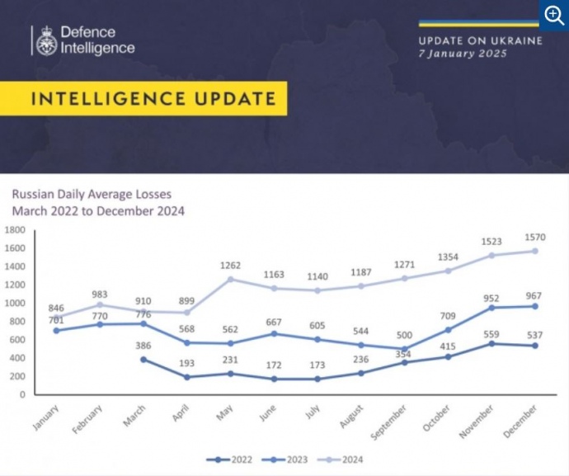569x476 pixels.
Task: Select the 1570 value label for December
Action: tap(534, 236)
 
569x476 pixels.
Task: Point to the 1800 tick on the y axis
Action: tap(16, 230)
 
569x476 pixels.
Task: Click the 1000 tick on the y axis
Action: tap(16, 303)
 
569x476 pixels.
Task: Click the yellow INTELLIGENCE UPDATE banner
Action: tap(153, 99)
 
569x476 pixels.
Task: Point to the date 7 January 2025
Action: tap(462, 54)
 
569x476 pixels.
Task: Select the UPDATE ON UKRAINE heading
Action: tap(480, 40)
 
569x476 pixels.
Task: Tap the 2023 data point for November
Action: tap(491, 308)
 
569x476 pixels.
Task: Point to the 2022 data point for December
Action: tap(534, 346)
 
